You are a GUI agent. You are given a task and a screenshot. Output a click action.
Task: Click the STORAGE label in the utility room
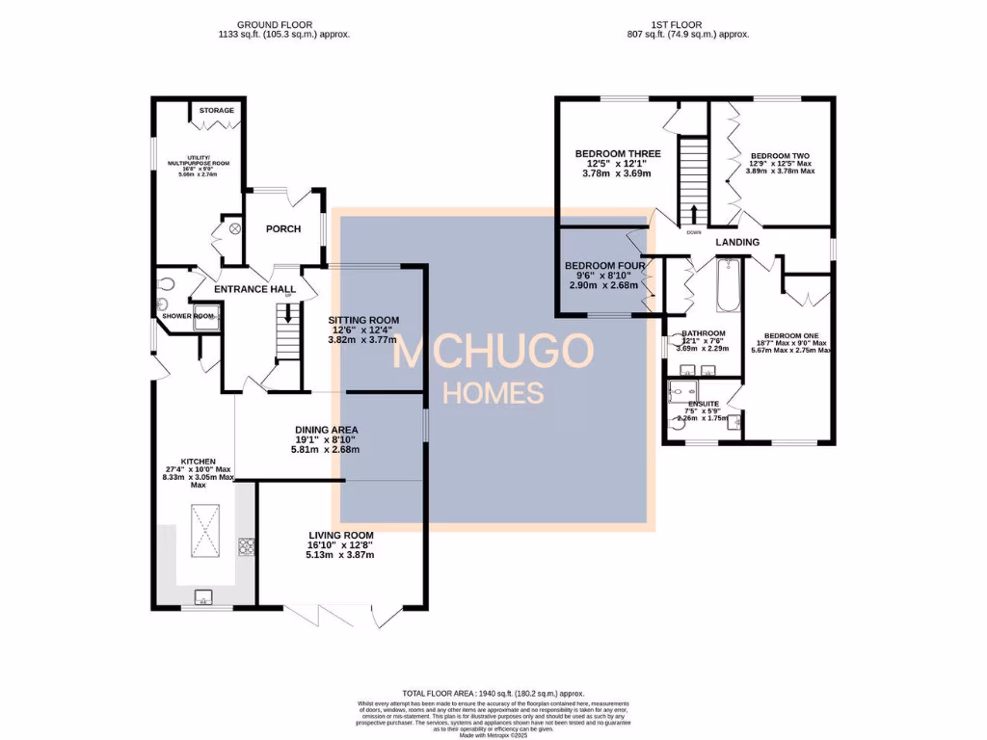pos(217,111)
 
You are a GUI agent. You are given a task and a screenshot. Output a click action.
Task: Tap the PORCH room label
pos(282,228)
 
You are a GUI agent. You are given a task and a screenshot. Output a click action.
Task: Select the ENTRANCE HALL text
pos(254,289)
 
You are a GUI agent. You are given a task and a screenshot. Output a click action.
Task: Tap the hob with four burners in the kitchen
pos(246,546)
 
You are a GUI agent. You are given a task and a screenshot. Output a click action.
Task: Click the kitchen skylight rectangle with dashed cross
pos(205,530)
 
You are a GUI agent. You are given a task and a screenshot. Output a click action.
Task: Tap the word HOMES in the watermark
pos(493,392)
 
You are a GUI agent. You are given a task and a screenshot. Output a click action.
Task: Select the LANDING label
pos(737,242)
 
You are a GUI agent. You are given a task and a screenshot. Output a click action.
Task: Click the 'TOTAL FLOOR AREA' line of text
pos(493,692)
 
